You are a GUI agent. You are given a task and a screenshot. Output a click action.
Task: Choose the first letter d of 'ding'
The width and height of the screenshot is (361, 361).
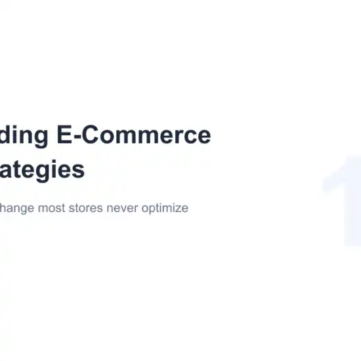[x=6, y=136]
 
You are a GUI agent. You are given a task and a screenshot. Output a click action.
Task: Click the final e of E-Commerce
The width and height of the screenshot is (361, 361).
[x=203, y=137]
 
